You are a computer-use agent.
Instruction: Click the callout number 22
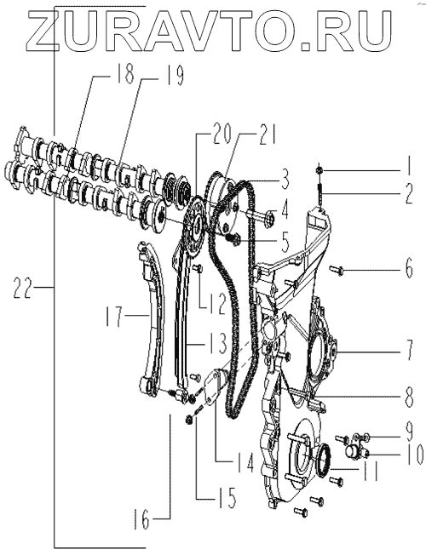(23, 287)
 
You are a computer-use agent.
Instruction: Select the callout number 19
(175, 76)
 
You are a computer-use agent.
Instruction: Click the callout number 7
(409, 351)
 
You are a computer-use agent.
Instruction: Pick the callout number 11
(368, 471)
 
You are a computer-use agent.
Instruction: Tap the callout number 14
(245, 463)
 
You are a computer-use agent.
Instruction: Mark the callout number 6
(409, 269)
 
